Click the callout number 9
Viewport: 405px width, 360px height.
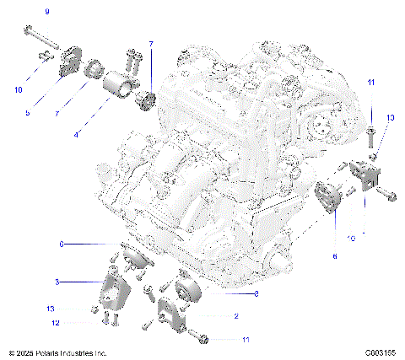coord(47,10)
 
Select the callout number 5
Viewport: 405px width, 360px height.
coord(27,112)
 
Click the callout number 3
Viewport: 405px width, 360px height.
coord(57,281)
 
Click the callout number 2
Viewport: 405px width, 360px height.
coord(236,316)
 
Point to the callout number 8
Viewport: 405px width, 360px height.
coord(255,294)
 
